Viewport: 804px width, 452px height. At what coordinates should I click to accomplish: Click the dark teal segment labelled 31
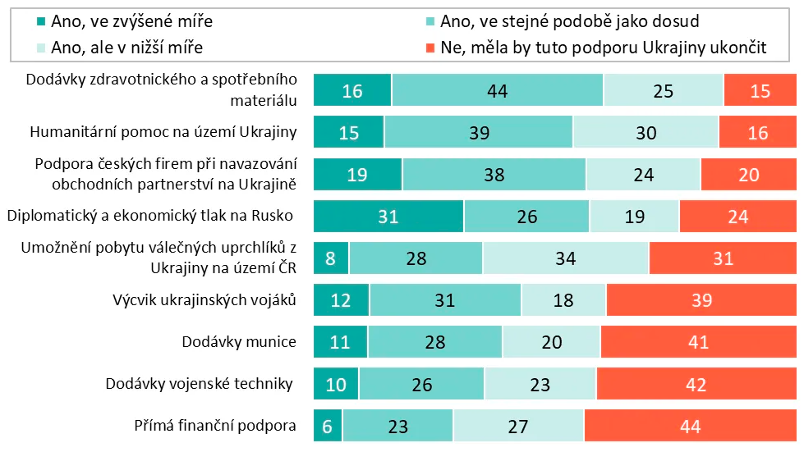pos(388,217)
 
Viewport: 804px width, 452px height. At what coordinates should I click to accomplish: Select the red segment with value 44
pos(690,427)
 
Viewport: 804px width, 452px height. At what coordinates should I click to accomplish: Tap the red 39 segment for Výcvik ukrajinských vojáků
pos(701,300)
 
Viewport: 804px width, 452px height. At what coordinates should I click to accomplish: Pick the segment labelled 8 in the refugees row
pos(332,258)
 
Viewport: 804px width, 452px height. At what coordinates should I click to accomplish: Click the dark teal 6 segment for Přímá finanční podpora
pos(328,427)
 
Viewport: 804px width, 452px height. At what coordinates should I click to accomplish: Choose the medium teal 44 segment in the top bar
pos(497,90)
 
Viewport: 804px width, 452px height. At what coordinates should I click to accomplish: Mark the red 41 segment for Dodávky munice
pos(698,342)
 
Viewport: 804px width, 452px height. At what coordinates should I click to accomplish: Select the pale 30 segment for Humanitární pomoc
pos(645,132)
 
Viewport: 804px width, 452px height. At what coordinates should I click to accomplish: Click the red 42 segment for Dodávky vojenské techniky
pos(696,384)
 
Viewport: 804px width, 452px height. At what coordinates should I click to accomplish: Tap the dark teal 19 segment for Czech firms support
pos(358,175)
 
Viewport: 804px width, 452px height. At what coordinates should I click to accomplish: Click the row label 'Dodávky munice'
pos(238,342)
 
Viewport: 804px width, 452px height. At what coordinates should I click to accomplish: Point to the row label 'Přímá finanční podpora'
pos(214,427)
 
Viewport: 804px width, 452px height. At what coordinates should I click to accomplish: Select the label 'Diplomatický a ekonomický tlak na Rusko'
pos(150,217)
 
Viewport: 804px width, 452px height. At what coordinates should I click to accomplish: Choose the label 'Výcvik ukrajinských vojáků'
pos(204,300)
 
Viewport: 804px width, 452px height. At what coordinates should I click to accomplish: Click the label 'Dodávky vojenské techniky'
pos(200,384)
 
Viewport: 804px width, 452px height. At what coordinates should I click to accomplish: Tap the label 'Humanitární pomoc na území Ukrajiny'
pos(163,132)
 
